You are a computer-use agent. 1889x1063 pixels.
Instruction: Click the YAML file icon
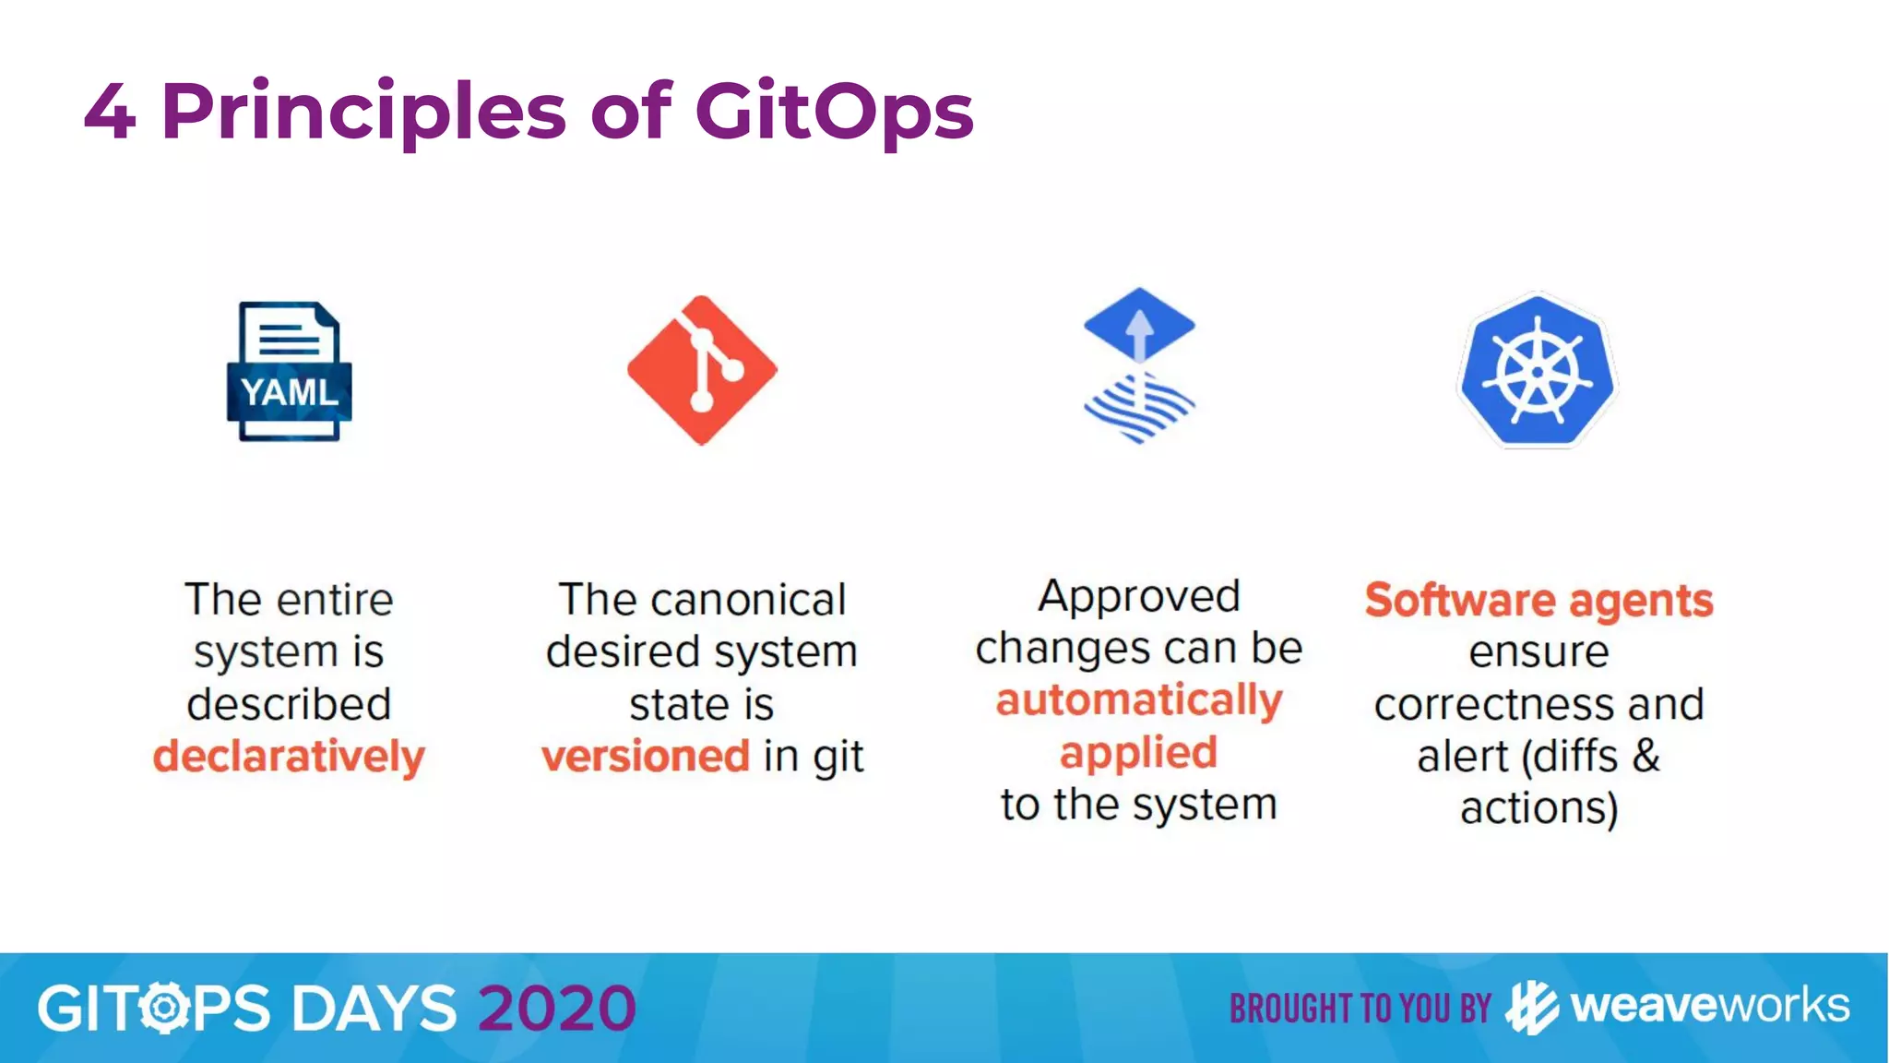point(289,371)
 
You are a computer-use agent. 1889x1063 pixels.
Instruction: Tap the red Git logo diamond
point(702,370)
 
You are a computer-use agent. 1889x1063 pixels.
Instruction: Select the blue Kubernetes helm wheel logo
point(1537,371)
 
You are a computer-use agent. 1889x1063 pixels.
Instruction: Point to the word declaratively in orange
point(289,756)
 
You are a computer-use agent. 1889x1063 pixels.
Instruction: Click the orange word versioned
point(646,756)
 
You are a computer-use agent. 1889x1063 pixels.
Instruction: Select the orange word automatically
point(1139,700)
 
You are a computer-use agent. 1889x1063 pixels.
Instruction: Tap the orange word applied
point(1139,752)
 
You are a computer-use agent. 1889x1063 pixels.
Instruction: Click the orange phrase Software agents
point(1539,601)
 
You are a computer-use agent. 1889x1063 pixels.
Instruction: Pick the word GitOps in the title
point(834,112)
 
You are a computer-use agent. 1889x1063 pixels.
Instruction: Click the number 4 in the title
point(110,112)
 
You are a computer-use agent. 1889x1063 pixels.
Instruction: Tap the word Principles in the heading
point(363,112)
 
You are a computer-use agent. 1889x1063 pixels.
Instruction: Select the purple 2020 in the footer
point(557,1008)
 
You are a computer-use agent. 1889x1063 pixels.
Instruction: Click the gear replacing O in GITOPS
point(165,1008)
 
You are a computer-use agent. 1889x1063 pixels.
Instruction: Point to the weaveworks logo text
point(1709,1006)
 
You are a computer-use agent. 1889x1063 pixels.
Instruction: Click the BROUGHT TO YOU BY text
point(1360,1009)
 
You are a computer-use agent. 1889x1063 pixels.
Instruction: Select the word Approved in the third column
point(1139,596)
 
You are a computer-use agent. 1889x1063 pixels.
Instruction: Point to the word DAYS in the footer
point(374,1008)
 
